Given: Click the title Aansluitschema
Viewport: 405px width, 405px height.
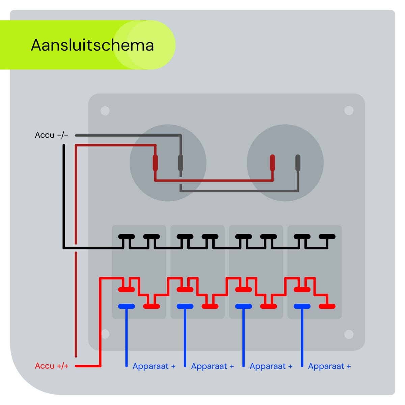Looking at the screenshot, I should (92, 45).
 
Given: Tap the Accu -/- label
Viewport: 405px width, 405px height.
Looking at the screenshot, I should (51, 135).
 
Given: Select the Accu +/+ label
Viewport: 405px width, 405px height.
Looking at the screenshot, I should (52, 366).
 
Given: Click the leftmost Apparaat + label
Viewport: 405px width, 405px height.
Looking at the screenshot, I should (154, 366).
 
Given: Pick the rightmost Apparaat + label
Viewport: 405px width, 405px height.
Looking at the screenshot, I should (329, 366).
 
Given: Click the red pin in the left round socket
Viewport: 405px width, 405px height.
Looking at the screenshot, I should (155, 163).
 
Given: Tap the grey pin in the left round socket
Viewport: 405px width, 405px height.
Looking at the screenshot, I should (181, 163).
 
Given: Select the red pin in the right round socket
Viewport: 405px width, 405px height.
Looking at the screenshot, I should (272, 163).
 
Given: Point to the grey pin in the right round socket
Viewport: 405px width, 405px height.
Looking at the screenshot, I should (298, 163).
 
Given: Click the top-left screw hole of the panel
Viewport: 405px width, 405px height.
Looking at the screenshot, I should (105, 111).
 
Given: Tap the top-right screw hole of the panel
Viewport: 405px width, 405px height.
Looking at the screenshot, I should (349, 111).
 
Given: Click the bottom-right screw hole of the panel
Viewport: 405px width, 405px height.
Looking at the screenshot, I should (349, 334).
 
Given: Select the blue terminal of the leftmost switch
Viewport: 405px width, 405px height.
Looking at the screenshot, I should (127, 306).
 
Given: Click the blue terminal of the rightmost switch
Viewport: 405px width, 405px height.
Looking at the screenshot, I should (302, 306).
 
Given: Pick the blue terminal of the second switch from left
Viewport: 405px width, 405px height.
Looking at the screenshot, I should (185, 306).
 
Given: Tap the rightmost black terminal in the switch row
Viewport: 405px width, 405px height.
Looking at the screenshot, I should (327, 237).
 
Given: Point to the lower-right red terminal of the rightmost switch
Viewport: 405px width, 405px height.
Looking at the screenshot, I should (327, 306).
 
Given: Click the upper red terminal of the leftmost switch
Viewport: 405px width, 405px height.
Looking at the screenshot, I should (127, 290).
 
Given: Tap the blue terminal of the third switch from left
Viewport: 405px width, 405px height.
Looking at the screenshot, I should (243, 306).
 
